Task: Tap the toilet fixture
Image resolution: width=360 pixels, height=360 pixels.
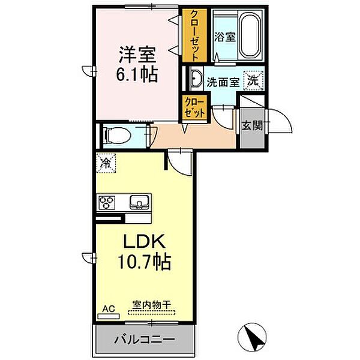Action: point(117,136)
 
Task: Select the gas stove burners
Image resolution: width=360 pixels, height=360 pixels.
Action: point(107,202)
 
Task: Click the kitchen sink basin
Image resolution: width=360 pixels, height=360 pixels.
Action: point(139,202)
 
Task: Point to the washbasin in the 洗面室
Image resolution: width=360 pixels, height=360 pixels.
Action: point(197,79)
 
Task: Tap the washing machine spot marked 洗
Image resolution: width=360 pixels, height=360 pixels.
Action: point(253,80)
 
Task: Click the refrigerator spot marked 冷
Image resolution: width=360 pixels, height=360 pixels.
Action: point(106,163)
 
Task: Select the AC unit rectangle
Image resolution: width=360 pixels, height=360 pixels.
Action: point(109,316)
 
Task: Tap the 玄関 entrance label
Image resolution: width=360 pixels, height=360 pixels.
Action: point(252,125)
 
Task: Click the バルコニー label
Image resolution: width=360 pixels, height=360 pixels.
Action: point(145,340)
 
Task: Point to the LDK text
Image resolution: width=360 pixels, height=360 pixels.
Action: point(144,241)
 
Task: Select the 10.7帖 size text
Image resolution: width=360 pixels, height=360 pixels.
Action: point(144,261)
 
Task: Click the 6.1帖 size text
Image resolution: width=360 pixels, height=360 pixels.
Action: point(137,74)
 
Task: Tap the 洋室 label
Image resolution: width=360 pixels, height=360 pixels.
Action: point(137,55)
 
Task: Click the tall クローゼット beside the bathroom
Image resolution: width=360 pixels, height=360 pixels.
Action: point(194,35)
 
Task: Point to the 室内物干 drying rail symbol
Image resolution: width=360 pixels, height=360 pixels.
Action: point(152,312)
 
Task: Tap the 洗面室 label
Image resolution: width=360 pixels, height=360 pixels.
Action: point(223,82)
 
